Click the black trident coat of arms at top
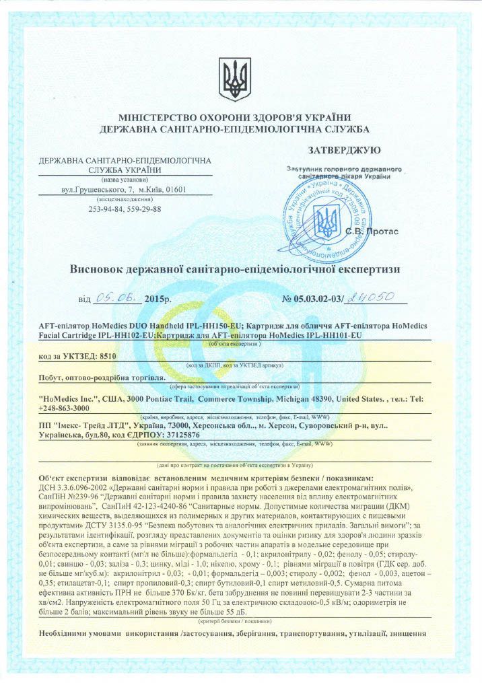point(235,79)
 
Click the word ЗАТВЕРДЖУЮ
point(344,149)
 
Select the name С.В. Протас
point(372,231)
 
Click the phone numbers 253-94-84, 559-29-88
point(125,209)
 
